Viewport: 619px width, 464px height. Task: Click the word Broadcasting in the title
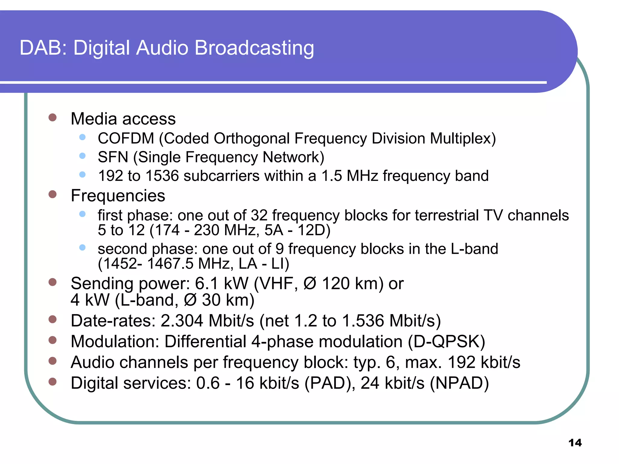coord(254,48)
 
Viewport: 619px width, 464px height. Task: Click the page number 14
coord(575,443)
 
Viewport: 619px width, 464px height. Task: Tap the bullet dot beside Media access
coord(53,118)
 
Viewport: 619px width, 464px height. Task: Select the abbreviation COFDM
coord(126,139)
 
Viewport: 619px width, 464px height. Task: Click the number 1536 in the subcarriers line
coord(162,176)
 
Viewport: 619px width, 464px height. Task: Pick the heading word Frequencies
coord(118,196)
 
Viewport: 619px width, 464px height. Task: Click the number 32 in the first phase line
coord(259,216)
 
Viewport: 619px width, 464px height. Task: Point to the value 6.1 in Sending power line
coord(206,284)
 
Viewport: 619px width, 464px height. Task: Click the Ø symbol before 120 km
coord(310,284)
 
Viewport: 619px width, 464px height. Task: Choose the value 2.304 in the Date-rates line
coord(182,321)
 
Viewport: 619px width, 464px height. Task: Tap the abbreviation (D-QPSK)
coord(446,342)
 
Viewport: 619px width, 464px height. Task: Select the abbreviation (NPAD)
coord(459,383)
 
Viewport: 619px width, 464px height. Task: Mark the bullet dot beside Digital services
coord(53,382)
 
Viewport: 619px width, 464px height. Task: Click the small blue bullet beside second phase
coord(82,248)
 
